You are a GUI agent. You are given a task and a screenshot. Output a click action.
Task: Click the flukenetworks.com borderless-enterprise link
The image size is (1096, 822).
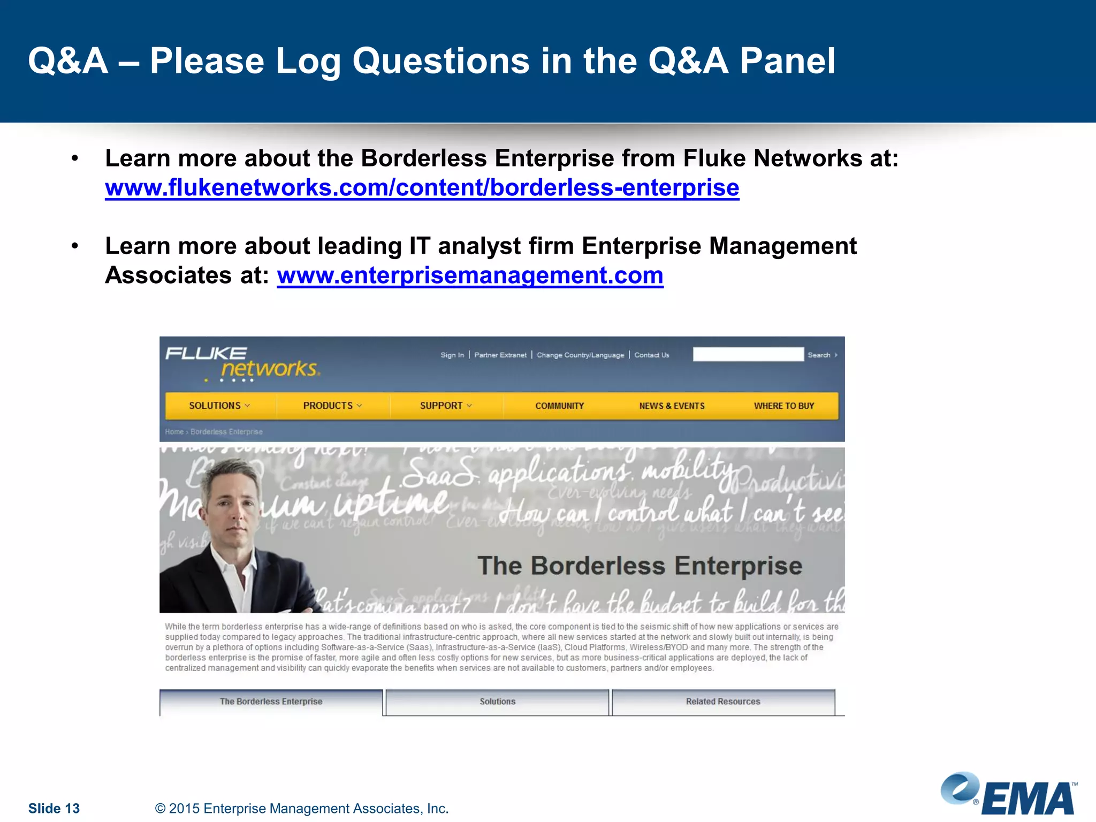tap(422, 188)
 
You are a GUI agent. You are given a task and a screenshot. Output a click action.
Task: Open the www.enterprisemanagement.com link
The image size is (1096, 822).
tap(470, 276)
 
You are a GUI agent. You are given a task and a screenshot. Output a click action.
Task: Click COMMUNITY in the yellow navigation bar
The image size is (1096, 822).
tap(559, 406)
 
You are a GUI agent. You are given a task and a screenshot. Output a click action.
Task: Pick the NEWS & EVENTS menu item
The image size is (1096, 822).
tap(672, 406)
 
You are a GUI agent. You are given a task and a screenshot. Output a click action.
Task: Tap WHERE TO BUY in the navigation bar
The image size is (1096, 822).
tap(783, 406)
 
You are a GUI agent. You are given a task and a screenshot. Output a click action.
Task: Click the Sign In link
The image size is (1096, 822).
tap(452, 355)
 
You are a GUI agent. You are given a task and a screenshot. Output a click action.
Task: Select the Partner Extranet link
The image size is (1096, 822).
tap(500, 355)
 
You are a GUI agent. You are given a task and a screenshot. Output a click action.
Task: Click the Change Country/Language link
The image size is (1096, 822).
tap(580, 355)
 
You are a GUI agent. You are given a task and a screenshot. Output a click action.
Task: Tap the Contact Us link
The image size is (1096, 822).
tap(651, 355)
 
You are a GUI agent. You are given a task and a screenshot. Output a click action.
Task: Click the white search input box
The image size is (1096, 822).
tap(748, 354)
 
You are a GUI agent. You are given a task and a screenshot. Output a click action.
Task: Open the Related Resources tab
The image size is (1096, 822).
tap(723, 702)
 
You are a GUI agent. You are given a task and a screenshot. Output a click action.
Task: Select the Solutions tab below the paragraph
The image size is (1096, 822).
tap(497, 702)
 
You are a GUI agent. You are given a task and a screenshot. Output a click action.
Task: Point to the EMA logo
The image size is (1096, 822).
tap(1009, 794)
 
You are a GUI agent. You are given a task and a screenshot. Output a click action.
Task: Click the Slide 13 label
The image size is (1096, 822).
tap(54, 808)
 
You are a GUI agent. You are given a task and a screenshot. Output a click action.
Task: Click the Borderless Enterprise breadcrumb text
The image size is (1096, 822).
tap(226, 432)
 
